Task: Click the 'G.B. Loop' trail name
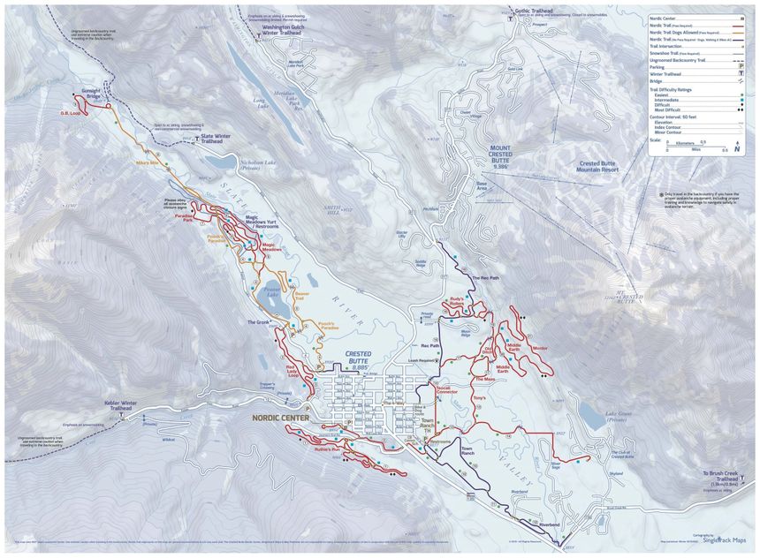point(71,113)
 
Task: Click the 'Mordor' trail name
point(540,348)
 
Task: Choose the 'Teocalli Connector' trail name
point(443,388)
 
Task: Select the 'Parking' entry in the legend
point(657,67)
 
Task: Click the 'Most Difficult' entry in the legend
point(669,109)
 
